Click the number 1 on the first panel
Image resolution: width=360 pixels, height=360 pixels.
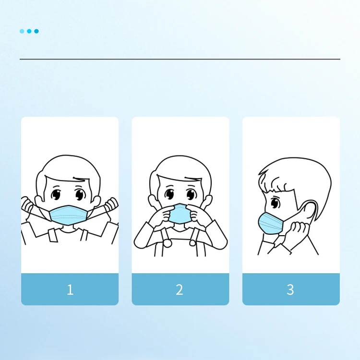[70, 289]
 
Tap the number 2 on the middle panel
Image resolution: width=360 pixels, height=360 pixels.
[180, 289]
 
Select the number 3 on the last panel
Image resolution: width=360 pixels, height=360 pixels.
[290, 289]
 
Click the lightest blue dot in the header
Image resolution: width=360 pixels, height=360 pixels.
[22, 31]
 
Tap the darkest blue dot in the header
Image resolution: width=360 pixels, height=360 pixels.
[36, 31]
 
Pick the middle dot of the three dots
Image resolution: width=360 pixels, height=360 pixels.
[29, 31]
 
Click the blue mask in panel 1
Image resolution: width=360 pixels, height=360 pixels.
[68, 215]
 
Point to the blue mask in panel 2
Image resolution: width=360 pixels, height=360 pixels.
[180, 214]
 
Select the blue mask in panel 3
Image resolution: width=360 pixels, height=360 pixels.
[270, 223]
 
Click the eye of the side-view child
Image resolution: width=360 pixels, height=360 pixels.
[275, 203]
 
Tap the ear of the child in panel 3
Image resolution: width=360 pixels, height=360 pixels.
[309, 211]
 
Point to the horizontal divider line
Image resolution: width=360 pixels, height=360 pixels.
[180, 59]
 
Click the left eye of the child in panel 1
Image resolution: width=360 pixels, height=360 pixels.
[56, 194]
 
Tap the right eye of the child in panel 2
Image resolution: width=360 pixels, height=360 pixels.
[191, 194]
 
